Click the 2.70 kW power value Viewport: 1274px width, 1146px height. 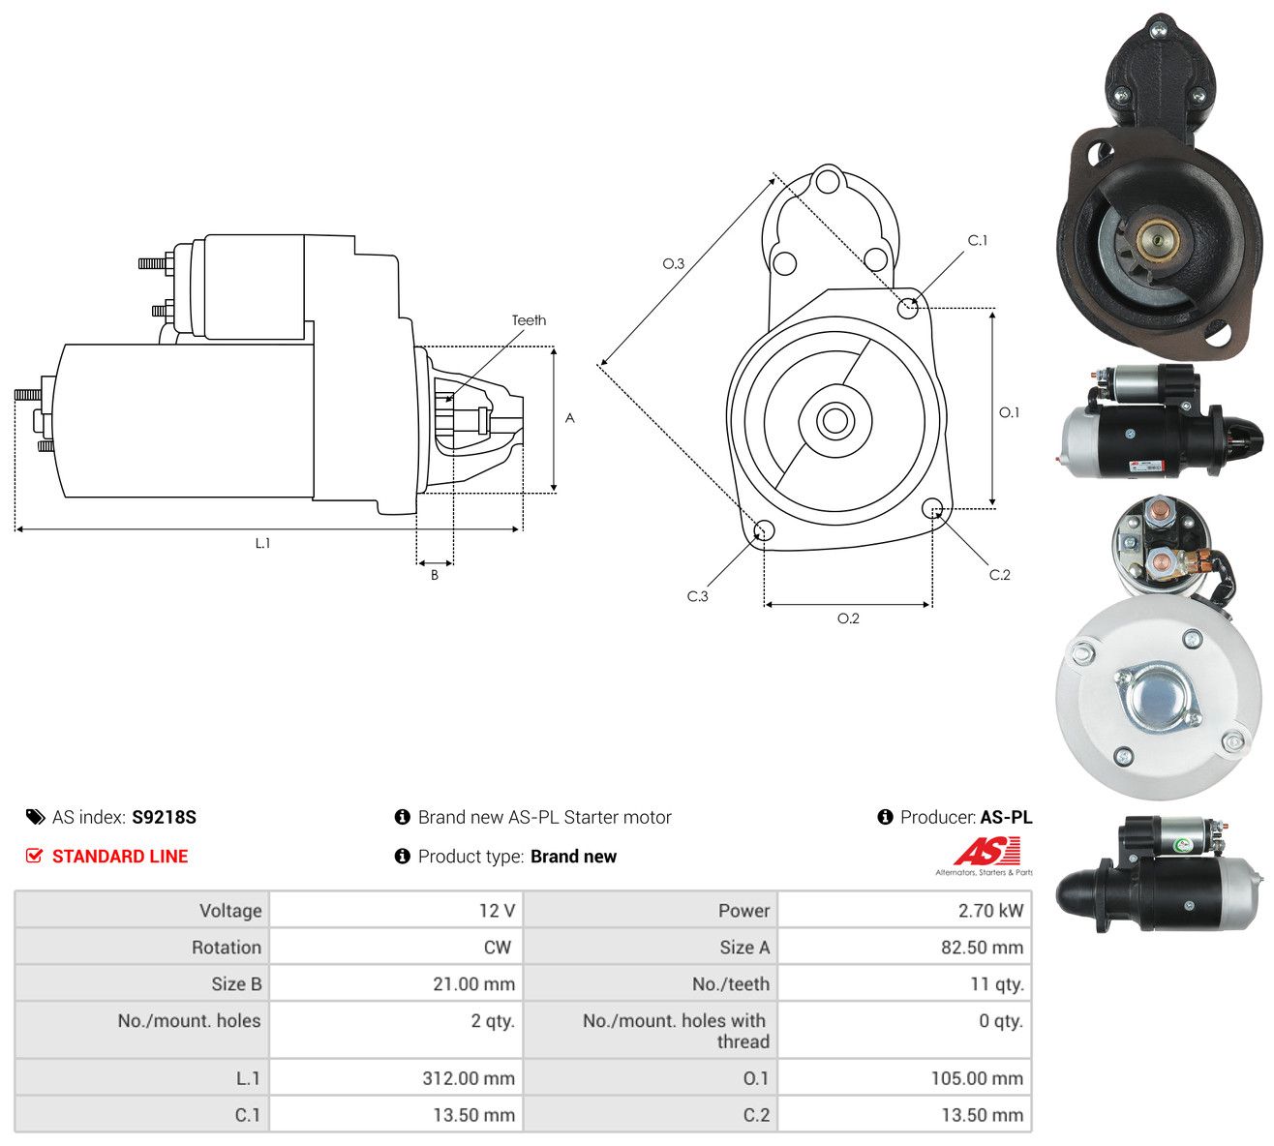pos(990,911)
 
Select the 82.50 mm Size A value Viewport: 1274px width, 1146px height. pos(982,948)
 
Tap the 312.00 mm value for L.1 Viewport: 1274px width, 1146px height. pos(468,1078)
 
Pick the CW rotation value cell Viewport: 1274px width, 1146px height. pos(497,948)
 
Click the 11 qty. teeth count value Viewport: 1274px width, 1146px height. pos(996,984)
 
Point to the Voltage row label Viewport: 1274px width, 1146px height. pos(229,911)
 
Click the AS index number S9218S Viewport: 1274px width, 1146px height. pos(164,817)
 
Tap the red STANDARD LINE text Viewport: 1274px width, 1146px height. pos(120,857)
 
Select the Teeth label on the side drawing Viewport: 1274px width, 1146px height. pos(529,320)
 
